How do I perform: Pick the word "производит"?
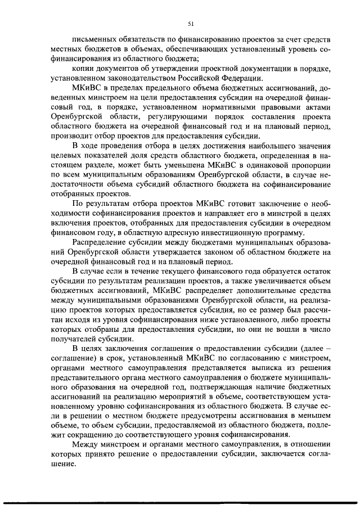(x=68, y=139)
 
